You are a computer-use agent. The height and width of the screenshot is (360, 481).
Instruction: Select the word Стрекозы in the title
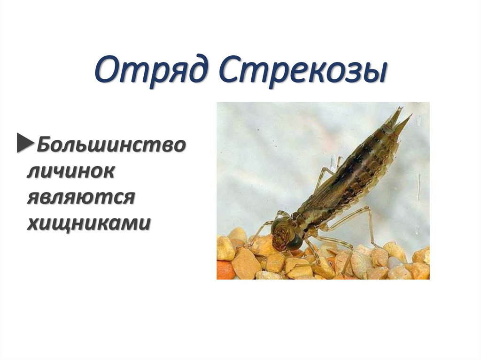[x=303, y=72]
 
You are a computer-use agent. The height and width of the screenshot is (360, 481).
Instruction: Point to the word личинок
[x=70, y=171]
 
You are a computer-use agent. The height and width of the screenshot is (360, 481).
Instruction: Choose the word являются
[x=81, y=197]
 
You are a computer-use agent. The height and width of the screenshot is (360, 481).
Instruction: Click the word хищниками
[x=89, y=223]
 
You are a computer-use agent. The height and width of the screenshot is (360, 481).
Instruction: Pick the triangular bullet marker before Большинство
[x=24, y=143]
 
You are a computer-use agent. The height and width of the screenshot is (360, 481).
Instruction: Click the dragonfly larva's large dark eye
[x=295, y=241]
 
